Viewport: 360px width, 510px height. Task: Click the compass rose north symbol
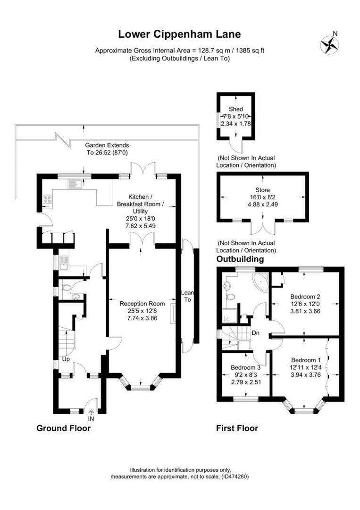tap(330, 44)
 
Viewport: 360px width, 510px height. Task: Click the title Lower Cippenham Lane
tap(180, 34)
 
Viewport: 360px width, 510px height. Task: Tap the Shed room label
tap(235, 109)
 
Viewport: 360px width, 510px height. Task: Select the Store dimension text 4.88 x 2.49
tap(262, 204)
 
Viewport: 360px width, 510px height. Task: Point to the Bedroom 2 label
tap(305, 296)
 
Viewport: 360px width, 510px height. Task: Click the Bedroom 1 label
tap(306, 360)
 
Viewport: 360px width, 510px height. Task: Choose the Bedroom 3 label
tap(246, 367)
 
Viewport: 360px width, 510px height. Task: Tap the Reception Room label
tap(142, 304)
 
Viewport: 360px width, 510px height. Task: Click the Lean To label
tap(187, 296)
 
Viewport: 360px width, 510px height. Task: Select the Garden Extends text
tap(107, 145)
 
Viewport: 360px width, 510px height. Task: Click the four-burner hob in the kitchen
tap(47, 198)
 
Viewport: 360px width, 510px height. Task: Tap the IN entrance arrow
tap(91, 412)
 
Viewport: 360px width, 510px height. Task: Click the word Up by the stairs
tap(66, 359)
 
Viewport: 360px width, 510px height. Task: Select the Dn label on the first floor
tap(255, 333)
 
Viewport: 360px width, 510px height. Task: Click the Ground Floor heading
tap(63, 428)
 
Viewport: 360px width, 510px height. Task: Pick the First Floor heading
tap(237, 428)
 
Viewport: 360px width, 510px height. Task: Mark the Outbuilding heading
tap(240, 259)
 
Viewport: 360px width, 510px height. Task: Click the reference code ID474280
tap(235, 476)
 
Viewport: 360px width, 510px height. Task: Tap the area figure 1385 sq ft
tap(250, 51)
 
